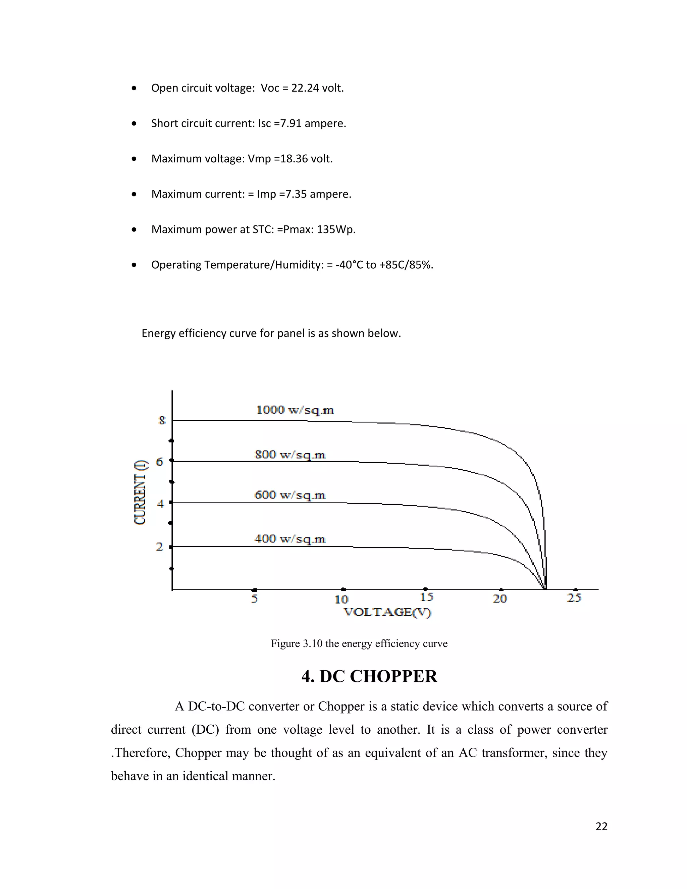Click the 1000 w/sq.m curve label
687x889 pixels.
click(295, 410)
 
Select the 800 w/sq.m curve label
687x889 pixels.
click(290, 454)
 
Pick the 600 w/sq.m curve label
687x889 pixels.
click(290, 495)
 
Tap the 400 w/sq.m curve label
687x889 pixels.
click(290, 539)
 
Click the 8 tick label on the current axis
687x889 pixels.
click(162, 420)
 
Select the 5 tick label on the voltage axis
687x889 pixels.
click(254, 598)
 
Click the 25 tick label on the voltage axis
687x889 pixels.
click(574, 598)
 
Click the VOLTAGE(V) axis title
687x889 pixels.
click(387, 612)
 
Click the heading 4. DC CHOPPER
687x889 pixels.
click(369, 677)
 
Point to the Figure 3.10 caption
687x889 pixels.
click(359, 643)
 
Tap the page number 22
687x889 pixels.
click(601, 826)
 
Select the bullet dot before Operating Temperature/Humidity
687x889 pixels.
click(134, 265)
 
